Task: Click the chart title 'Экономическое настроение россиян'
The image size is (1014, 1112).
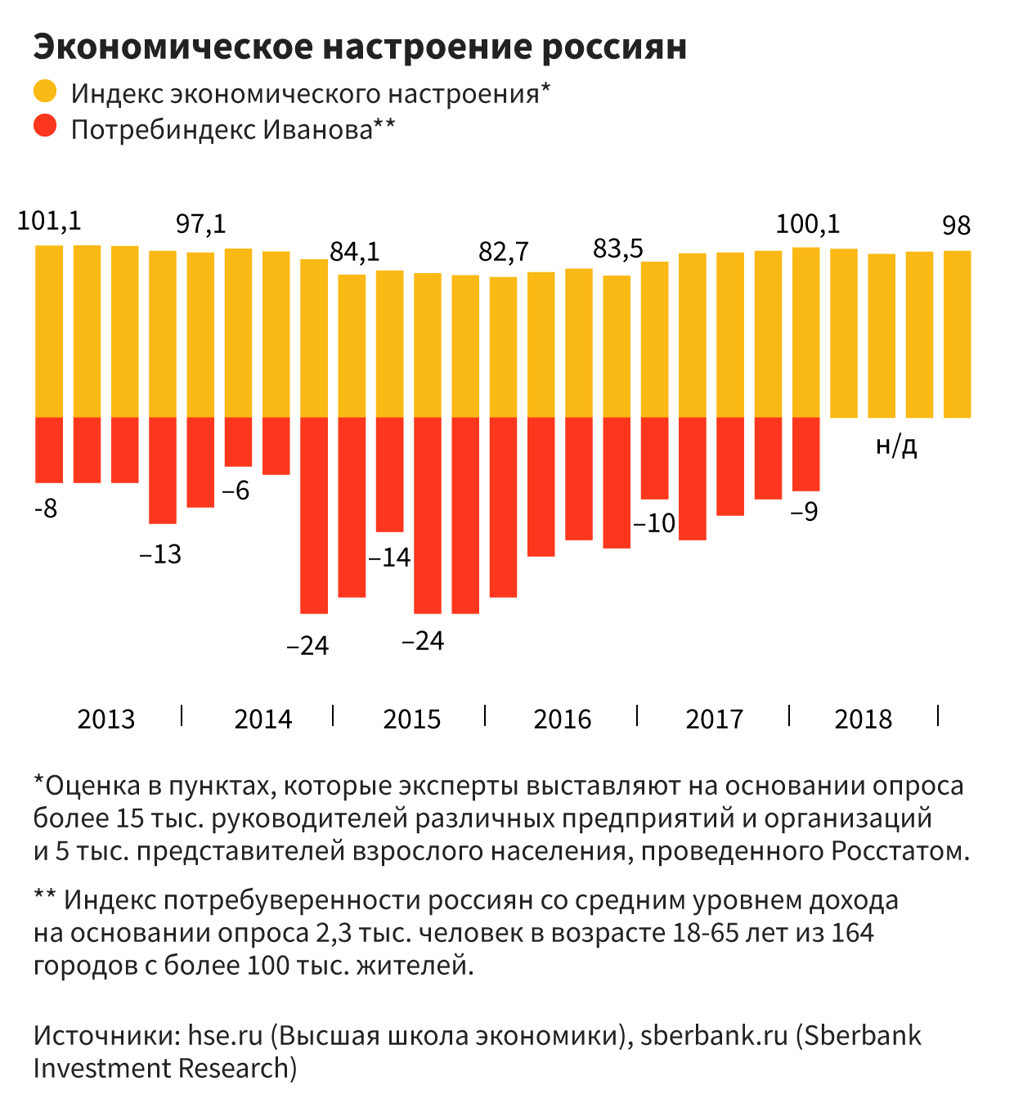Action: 360,47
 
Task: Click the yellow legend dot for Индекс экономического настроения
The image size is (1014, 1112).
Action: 45,91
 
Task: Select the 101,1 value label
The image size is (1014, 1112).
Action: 49,221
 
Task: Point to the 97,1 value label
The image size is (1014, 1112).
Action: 201,224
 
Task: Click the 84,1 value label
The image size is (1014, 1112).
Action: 355,252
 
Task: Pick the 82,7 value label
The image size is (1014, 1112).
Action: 504,252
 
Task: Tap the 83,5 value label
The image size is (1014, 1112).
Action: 618,249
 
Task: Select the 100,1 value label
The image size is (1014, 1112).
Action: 807,224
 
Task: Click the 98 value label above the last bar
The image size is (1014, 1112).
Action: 957,226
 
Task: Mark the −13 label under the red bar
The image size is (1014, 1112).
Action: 160,555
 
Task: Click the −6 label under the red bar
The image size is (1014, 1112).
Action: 236,491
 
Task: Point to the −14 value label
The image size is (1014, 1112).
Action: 389,558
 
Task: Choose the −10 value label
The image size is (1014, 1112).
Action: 654,523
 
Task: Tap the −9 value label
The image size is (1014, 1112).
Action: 805,512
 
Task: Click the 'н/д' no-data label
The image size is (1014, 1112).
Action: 896,446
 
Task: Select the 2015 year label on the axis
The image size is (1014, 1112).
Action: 412,720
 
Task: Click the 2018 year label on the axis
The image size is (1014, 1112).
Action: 864,720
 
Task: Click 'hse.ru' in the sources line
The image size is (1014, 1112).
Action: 225,1036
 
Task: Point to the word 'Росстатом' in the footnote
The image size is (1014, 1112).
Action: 900,851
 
